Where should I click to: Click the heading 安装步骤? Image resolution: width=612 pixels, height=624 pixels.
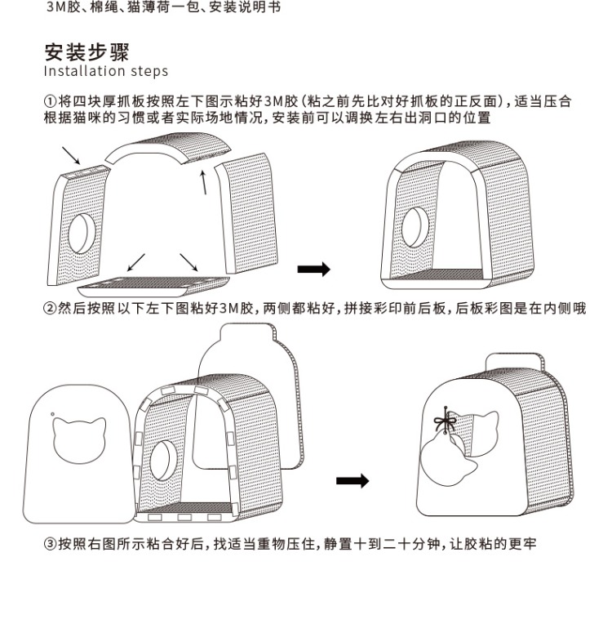[x=86, y=53]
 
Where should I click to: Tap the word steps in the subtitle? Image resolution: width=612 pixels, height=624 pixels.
[x=148, y=71]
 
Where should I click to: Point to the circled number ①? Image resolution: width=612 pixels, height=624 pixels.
[x=51, y=101]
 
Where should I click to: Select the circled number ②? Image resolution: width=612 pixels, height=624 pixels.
[x=51, y=308]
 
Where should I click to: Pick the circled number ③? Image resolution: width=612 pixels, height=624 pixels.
[x=51, y=542]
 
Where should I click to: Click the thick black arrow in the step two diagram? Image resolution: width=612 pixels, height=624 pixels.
[x=353, y=481]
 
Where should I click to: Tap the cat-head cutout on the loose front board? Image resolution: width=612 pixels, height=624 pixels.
[x=78, y=436]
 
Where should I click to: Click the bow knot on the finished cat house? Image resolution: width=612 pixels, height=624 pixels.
[x=446, y=423]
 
